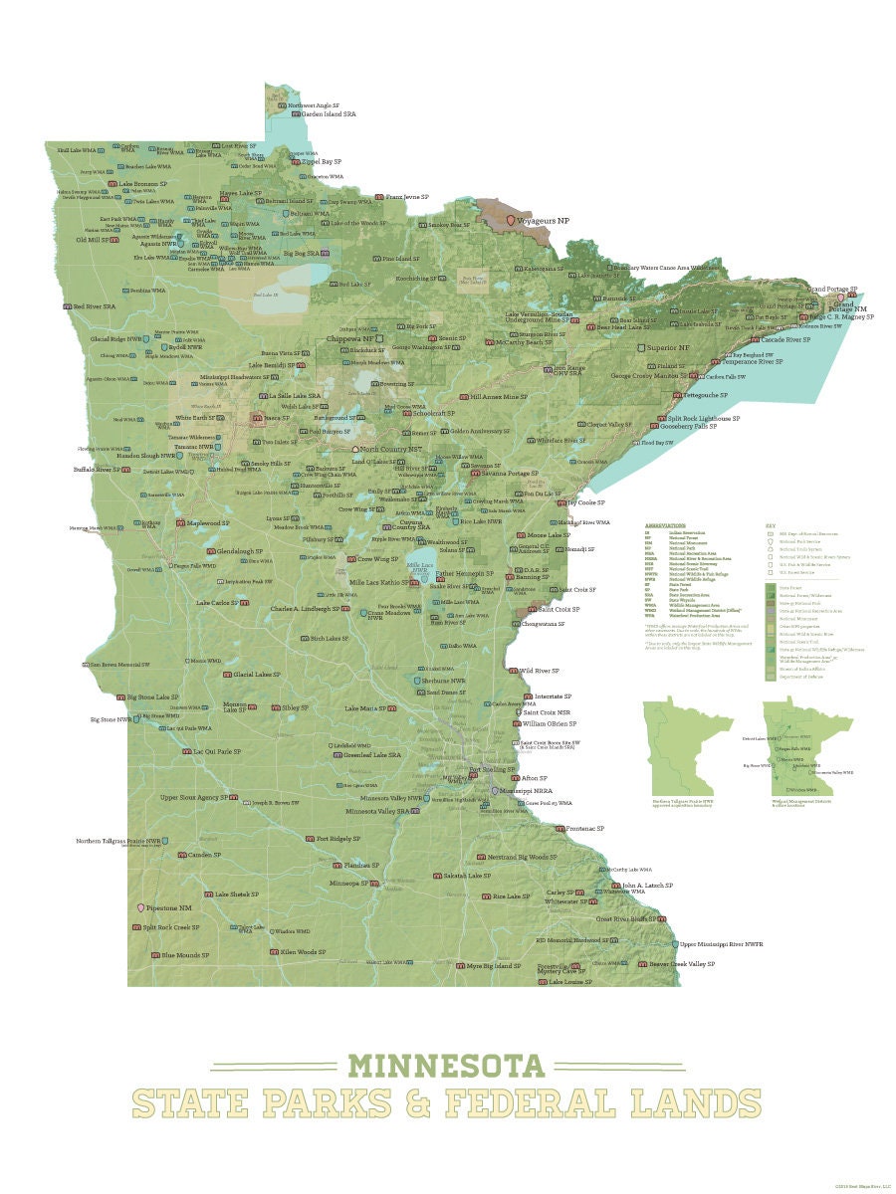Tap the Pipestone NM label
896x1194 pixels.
click(171, 908)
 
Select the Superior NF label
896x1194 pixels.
click(668, 348)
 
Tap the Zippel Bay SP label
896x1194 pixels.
click(322, 161)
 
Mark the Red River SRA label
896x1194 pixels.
click(95, 306)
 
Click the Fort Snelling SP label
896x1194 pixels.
click(492, 769)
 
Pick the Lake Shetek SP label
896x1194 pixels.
click(236, 894)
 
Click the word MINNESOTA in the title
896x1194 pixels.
click(447, 1066)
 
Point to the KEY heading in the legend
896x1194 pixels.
click(769, 524)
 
